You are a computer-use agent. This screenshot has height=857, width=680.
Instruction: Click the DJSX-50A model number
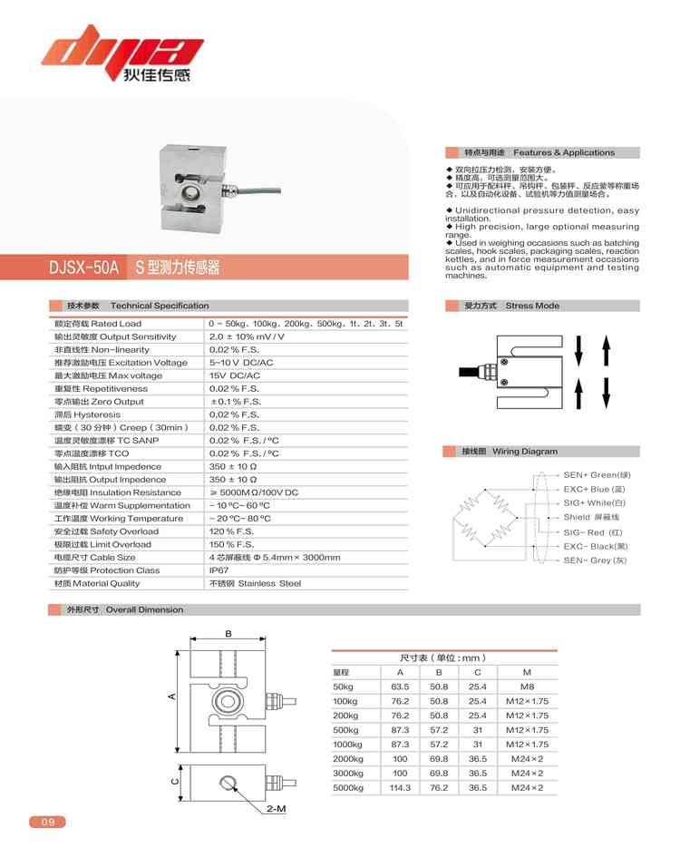click(x=84, y=268)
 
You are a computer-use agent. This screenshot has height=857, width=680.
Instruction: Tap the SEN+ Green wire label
click(x=596, y=474)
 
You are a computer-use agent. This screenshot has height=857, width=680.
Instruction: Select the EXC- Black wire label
click(x=595, y=547)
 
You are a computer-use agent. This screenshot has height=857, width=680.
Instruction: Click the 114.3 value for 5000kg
click(x=400, y=788)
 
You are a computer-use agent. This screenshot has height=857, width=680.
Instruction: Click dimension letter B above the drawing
click(x=228, y=634)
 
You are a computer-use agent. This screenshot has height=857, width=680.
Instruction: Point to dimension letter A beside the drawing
click(x=170, y=696)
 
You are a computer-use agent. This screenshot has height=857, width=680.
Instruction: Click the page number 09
click(x=48, y=823)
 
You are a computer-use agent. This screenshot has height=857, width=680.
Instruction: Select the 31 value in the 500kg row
click(x=477, y=730)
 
